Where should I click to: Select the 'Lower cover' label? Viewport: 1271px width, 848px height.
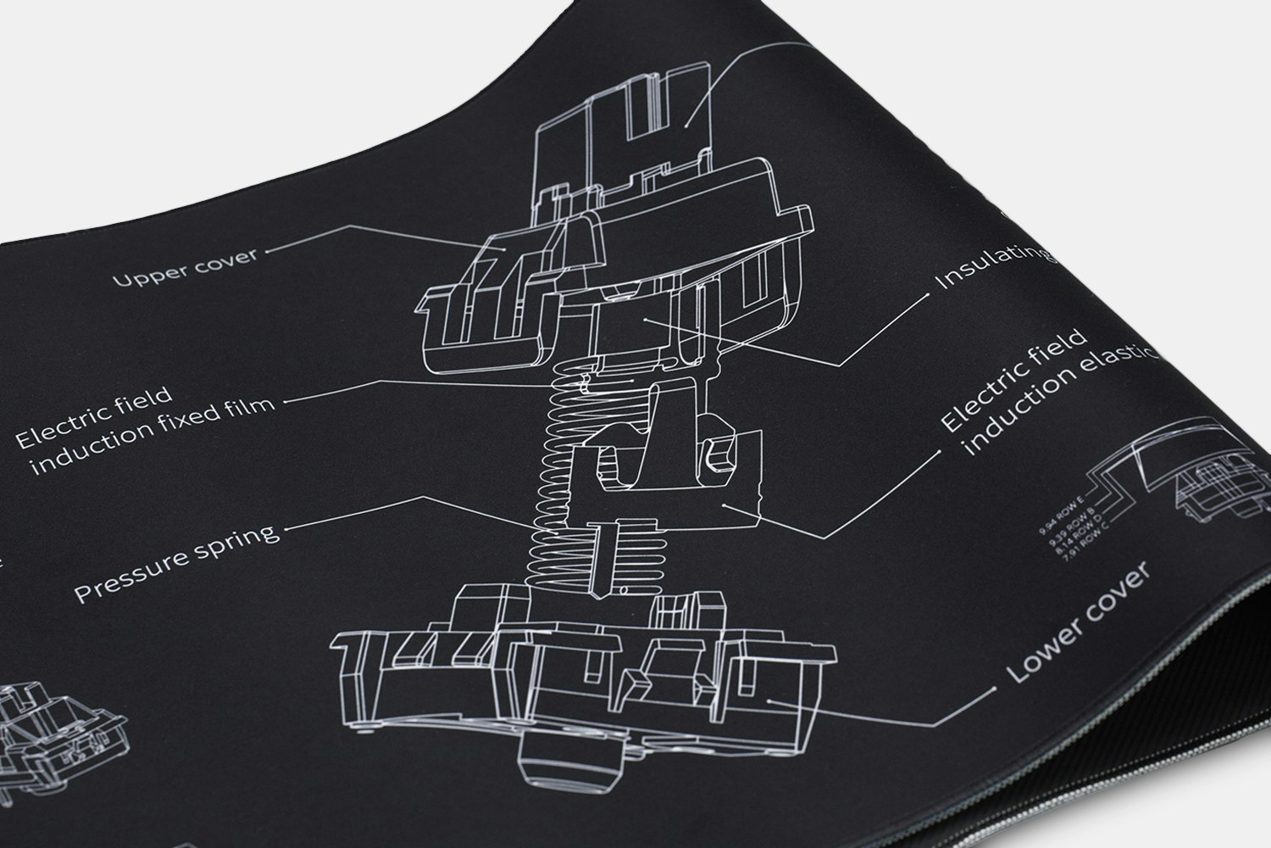pos(1079,623)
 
